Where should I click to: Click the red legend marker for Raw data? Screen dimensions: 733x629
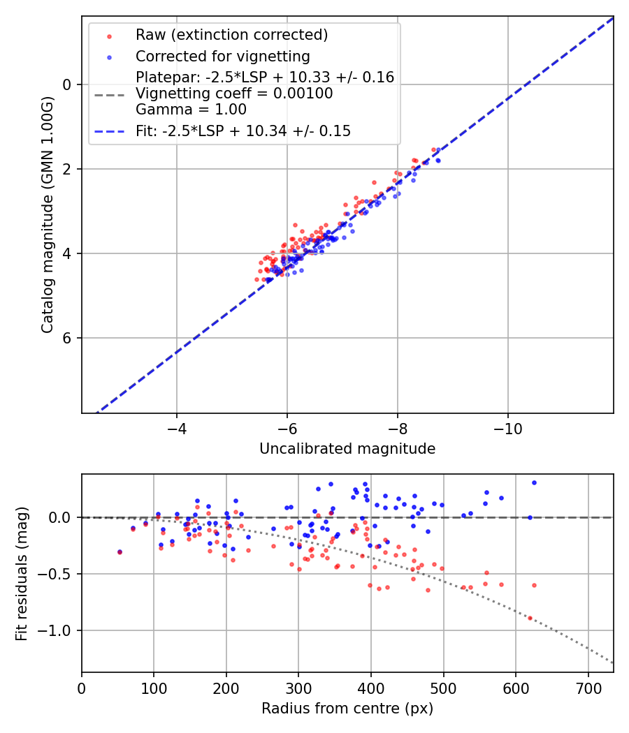point(108,35)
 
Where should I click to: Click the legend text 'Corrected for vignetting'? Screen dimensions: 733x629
point(223,56)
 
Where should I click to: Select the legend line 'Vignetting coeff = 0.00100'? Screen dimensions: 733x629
point(234,94)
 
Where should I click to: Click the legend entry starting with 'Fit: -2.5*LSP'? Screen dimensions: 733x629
point(243,131)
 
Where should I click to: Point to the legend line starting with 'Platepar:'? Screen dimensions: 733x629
point(265,77)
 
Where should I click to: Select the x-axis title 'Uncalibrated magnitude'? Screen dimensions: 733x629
point(347,449)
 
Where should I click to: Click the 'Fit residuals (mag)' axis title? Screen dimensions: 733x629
point(22,573)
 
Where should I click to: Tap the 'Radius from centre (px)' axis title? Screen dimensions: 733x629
point(347,709)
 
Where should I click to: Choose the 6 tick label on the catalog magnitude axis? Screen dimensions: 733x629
point(68,338)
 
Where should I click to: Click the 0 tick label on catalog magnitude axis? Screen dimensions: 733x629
point(68,84)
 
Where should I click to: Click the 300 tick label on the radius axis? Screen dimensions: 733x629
point(298,688)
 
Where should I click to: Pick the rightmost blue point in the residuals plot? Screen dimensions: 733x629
point(534,482)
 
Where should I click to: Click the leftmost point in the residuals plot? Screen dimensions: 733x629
point(120,552)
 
